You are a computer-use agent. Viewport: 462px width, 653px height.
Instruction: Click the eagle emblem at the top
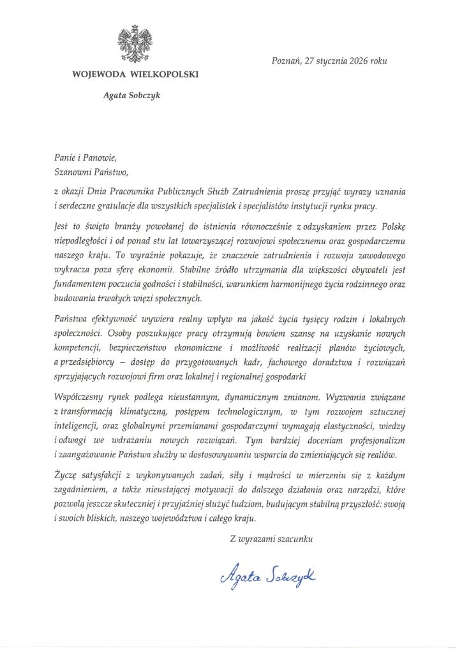(x=135, y=44)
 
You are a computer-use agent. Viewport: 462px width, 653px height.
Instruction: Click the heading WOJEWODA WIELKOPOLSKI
(x=135, y=74)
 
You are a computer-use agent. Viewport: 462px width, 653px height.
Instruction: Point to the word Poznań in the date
(x=286, y=61)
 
